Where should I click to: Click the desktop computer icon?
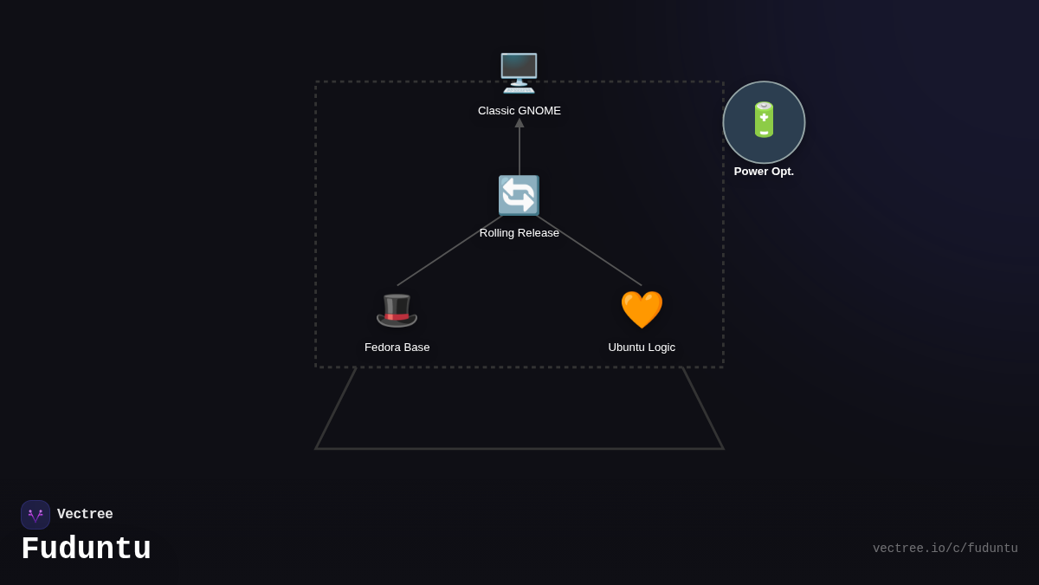click(x=519, y=73)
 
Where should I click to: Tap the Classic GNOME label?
click(x=519, y=111)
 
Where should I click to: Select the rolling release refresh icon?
click(x=519, y=195)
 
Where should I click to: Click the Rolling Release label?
click(x=519, y=233)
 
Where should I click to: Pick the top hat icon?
click(x=397, y=309)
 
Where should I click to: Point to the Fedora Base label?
click(x=397, y=348)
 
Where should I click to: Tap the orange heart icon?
click(x=642, y=309)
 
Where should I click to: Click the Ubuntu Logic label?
click(x=642, y=348)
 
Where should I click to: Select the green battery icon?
click(x=764, y=120)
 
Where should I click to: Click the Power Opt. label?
click(x=764, y=172)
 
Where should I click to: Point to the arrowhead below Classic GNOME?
click(x=519, y=123)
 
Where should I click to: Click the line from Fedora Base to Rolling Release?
click(x=449, y=251)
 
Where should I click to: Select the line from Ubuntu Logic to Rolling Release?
click(x=590, y=250)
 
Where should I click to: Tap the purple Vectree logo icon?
click(x=35, y=515)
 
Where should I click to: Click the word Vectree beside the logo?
click(x=85, y=515)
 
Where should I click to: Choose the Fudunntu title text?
click(x=86, y=549)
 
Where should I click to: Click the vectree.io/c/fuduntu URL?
click(x=945, y=549)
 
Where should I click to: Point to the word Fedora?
click(x=382, y=348)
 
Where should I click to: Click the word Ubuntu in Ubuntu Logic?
click(x=626, y=348)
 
